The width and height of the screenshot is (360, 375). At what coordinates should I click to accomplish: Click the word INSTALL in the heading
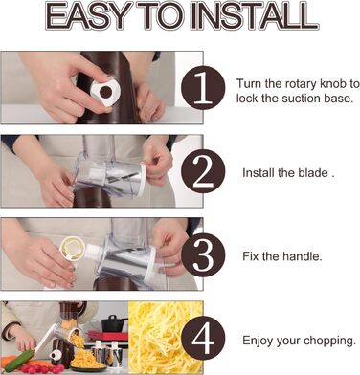pyautogui.click(x=255, y=16)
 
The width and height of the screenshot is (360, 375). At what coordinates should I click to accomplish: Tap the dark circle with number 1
pyautogui.click(x=203, y=87)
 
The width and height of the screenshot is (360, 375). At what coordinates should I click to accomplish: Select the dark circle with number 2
pyautogui.click(x=203, y=171)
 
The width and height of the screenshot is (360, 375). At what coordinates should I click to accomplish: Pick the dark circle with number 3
pyautogui.click(x=203, y=255)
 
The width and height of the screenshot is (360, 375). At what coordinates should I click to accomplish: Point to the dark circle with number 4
pyautogui.click(x=203, y=338)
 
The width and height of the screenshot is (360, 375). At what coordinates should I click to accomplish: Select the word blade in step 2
pyautogui.click(x=313, y=173)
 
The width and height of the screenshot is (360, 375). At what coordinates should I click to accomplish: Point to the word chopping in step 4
pyautogui.click(x=329, y=341)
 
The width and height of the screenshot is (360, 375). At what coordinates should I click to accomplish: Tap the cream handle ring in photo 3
pyautogui.click(x=73, y=250)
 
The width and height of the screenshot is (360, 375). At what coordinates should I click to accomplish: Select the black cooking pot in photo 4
pyautogui.click(x=113, y=323)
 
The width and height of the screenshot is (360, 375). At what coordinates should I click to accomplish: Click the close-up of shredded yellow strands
pyautogui.click(x=166, y=337)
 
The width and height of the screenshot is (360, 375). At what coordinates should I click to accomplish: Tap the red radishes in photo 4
pyautogui.click(x=41, y=369)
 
